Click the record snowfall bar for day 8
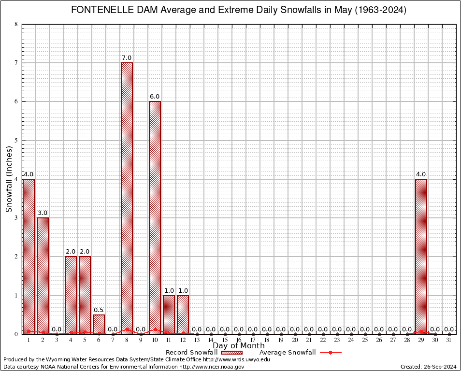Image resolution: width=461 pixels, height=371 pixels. pos(127,198)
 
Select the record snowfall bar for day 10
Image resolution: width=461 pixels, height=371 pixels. pos(155,217)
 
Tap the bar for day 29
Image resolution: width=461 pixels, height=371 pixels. pos(421,256)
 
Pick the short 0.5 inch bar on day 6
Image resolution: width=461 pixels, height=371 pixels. pos(99,324)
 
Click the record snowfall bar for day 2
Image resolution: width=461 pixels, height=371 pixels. pos(43,275)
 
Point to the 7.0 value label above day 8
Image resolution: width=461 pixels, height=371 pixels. pos(127,58)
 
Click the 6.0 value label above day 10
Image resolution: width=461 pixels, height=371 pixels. pos(155,97)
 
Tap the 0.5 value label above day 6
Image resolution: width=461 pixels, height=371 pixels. pos(99,310)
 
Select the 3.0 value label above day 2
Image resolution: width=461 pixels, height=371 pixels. pos(43,213)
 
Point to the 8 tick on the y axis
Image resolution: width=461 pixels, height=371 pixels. pos(16,24)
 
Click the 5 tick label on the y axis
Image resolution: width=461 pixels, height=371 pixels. pos(16,141)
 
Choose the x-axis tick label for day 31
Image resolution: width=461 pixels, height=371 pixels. pos(449,340)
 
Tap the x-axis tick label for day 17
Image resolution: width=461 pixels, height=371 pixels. pos(253,340)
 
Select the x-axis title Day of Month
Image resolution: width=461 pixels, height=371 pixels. pos(239,346)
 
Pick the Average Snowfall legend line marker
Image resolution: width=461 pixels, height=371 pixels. pos(330,353)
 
